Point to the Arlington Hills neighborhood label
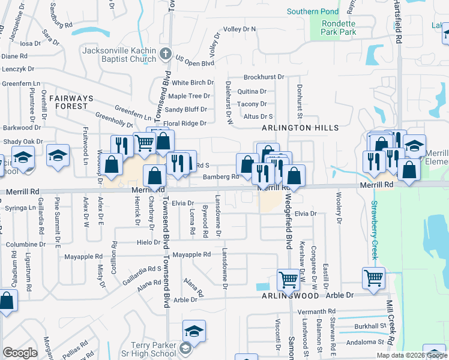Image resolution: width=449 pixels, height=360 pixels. tap(300, 128)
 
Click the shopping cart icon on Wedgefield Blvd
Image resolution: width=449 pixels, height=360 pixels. tap(288, 279)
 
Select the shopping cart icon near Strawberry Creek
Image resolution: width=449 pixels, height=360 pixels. tap(374, 277)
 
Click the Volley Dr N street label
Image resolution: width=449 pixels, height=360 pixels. tap(240, 29)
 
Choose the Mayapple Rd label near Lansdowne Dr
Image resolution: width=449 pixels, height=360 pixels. tap(191, 254)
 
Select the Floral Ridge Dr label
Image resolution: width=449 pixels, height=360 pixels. tap(185, 123)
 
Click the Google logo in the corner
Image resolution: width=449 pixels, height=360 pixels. tap(20, 353)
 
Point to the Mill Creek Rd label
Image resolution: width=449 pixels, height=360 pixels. tap(390, 330)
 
